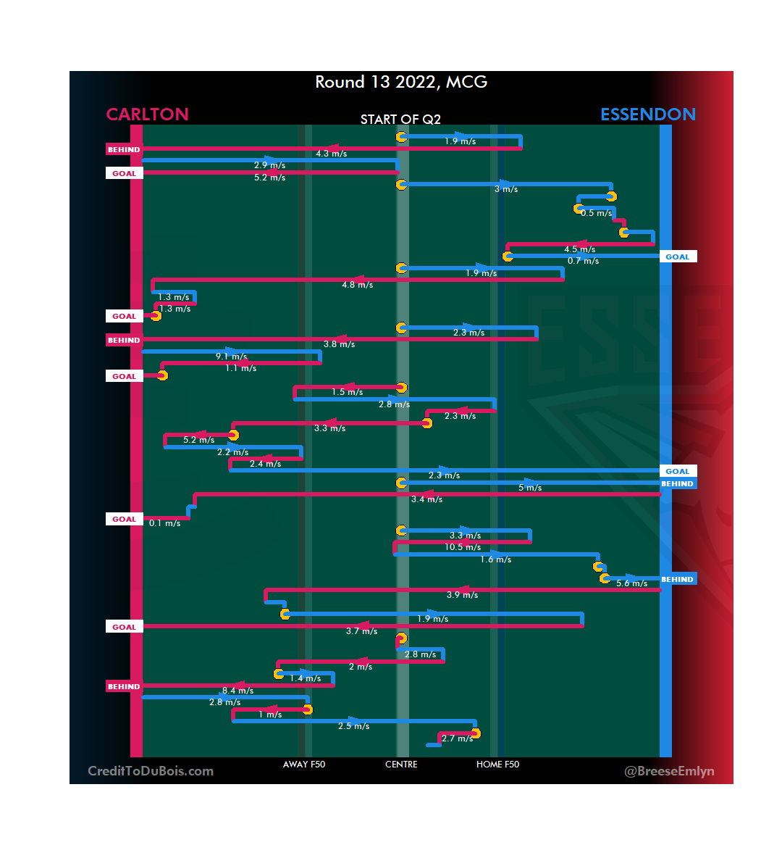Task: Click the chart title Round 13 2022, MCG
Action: point(401,82)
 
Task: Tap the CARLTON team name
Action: point(147,115)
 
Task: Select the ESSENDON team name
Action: point(647,115)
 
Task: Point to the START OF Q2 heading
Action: point(400,120)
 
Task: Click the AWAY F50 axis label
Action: point(304,765)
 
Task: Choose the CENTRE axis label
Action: point(401,765)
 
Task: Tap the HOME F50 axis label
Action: point(497,765)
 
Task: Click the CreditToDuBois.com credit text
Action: point(151,771)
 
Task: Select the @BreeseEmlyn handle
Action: point(669,771)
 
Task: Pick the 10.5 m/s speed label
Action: point(463,547)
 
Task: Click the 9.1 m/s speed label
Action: point(231,357)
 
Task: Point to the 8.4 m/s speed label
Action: point(237,691)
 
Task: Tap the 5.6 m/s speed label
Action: point(631,583)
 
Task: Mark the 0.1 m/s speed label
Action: point(164,523)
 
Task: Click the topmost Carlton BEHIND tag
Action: point(124,150)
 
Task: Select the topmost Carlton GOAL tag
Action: point(124,174)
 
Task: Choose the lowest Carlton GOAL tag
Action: point(124,628)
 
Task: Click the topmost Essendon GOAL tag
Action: point(677,257)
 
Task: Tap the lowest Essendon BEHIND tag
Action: point(677,580)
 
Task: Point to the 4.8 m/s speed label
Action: point(357,285)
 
